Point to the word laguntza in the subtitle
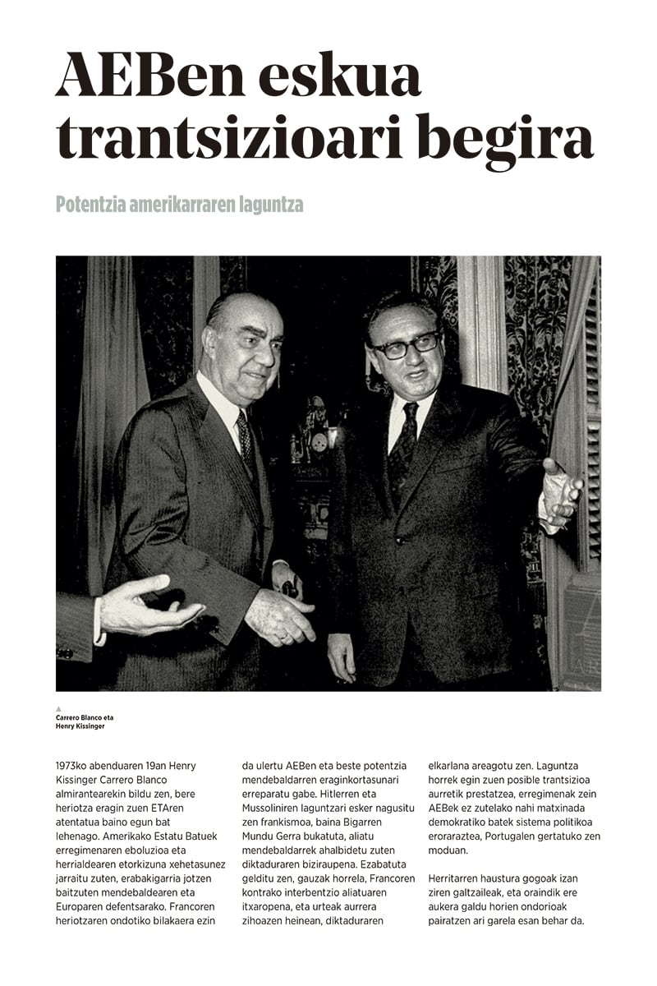point(270,204)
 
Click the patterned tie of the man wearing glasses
point(403,444)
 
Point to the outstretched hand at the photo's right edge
point(560,494)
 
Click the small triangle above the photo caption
point(59,708)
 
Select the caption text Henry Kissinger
point(80,726)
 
